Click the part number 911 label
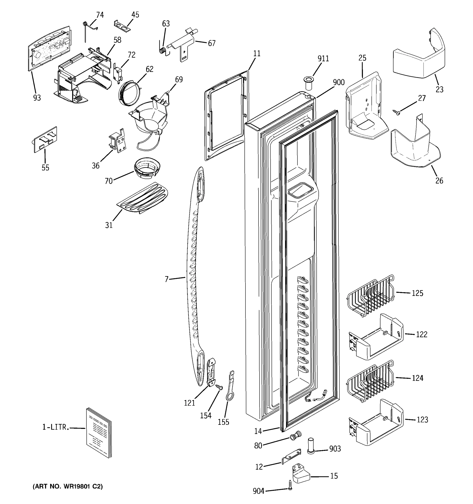(323, 59)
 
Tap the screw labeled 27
(396, 112)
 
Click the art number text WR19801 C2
(67, 486)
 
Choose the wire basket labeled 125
(370, 295)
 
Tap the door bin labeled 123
(375, 422)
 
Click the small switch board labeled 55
(46, 139)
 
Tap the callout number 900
(338, 82)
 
